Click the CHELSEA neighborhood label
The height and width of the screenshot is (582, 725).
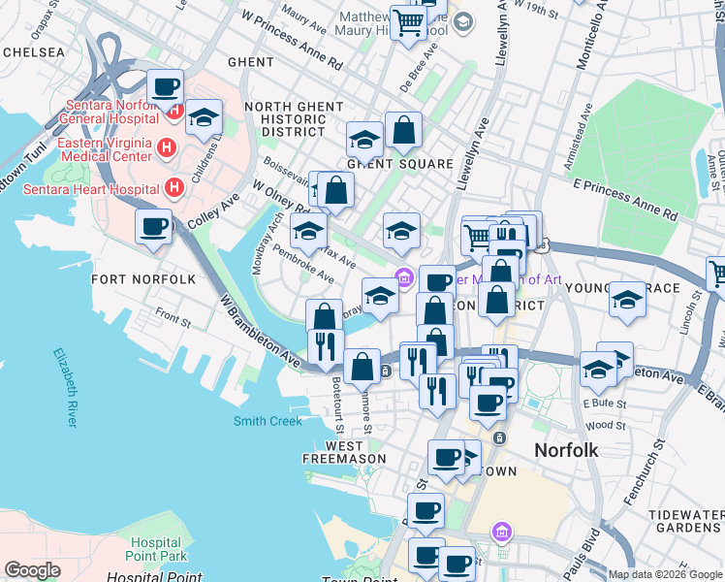(x=34, y=51)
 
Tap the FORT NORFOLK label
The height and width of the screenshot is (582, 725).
(x=143, y=279)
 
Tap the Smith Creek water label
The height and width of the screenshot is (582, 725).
(x=268, y=421)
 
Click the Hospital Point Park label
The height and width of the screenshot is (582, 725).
(x=156, y=549)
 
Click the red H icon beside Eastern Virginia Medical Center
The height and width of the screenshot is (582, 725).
(x=166, y=150)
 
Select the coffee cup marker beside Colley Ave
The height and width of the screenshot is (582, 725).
(x=153, y=227)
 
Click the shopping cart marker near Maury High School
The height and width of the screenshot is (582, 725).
(x=408, y=20)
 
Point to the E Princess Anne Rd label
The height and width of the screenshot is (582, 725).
(x=624, y=198)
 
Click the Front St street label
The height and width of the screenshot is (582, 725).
(x=172, y=316)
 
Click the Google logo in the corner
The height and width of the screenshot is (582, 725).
(x=32, y=570)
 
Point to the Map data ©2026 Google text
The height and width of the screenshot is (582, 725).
(x=665, y=574)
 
